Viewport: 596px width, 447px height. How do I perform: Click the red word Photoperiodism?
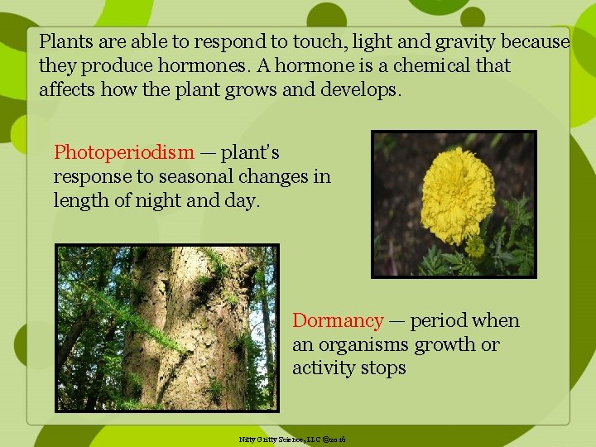pos(124,153)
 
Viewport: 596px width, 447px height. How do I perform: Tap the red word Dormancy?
pos(338,321)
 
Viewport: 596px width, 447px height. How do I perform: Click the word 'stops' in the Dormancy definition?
pos(383,368)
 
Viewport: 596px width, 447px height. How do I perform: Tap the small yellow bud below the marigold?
pos(474,247)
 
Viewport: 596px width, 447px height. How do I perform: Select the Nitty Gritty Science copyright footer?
pos(291,438)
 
